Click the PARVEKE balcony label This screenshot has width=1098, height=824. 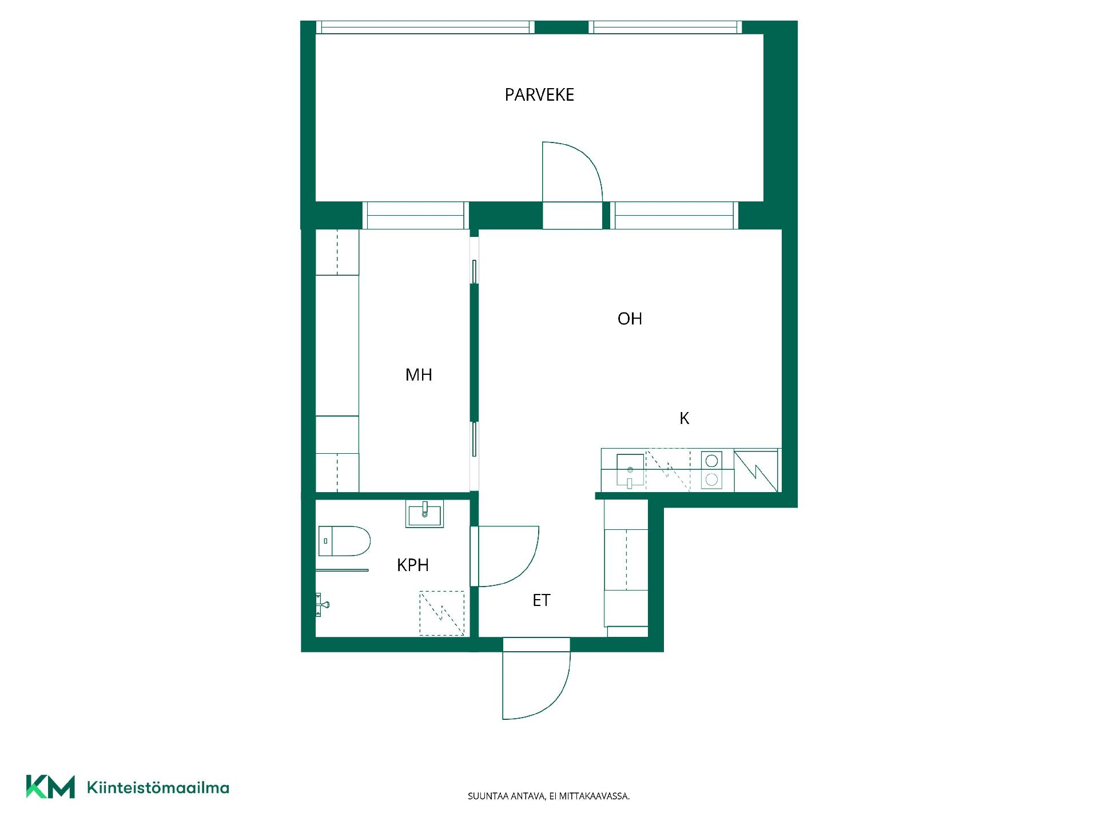click(539, 94)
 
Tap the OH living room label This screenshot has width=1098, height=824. click(630, 319)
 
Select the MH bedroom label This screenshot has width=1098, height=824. click(419, 375)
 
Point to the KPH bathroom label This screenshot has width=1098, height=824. click(413, 565)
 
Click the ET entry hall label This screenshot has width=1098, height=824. click(542, 600)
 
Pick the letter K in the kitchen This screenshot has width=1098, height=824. click(684, 419)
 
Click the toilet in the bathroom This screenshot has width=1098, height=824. click(344, 541)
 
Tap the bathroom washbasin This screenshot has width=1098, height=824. click(424, 514)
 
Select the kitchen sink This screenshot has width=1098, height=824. click(630, 470)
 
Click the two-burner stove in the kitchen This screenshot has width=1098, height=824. click(712, 470)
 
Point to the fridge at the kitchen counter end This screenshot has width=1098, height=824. click(756, 470)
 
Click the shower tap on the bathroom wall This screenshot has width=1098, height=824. click(323, 604)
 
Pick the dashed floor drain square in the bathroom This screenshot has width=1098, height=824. click(442, 613)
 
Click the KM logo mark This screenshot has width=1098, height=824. click(50, 787)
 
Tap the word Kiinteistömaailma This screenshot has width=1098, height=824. click(158, 788)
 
